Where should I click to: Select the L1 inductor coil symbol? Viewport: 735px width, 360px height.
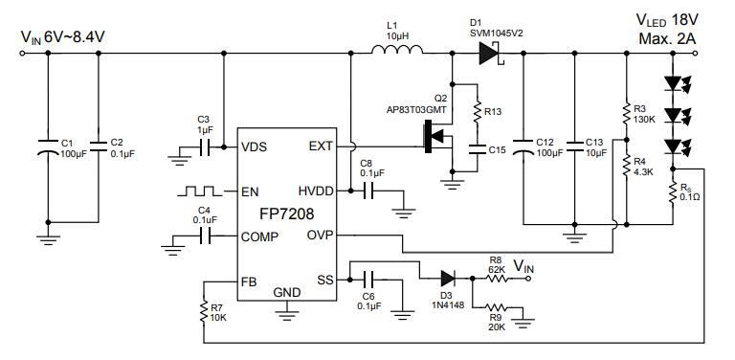coord(395,55)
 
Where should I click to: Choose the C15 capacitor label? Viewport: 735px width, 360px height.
coord(497,150)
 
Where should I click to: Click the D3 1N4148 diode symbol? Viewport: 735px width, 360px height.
coord(448,279)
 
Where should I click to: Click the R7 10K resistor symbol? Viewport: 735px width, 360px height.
coord(203,312)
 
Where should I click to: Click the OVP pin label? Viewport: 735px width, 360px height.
coord(320,236)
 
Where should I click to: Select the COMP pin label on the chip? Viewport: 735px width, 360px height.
coord(260,236)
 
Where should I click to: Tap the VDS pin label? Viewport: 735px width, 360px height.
coord(256,146)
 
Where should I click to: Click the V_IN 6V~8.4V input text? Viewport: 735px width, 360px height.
coord(62,36)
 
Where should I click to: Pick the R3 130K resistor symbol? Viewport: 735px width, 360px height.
coord(625,114)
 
